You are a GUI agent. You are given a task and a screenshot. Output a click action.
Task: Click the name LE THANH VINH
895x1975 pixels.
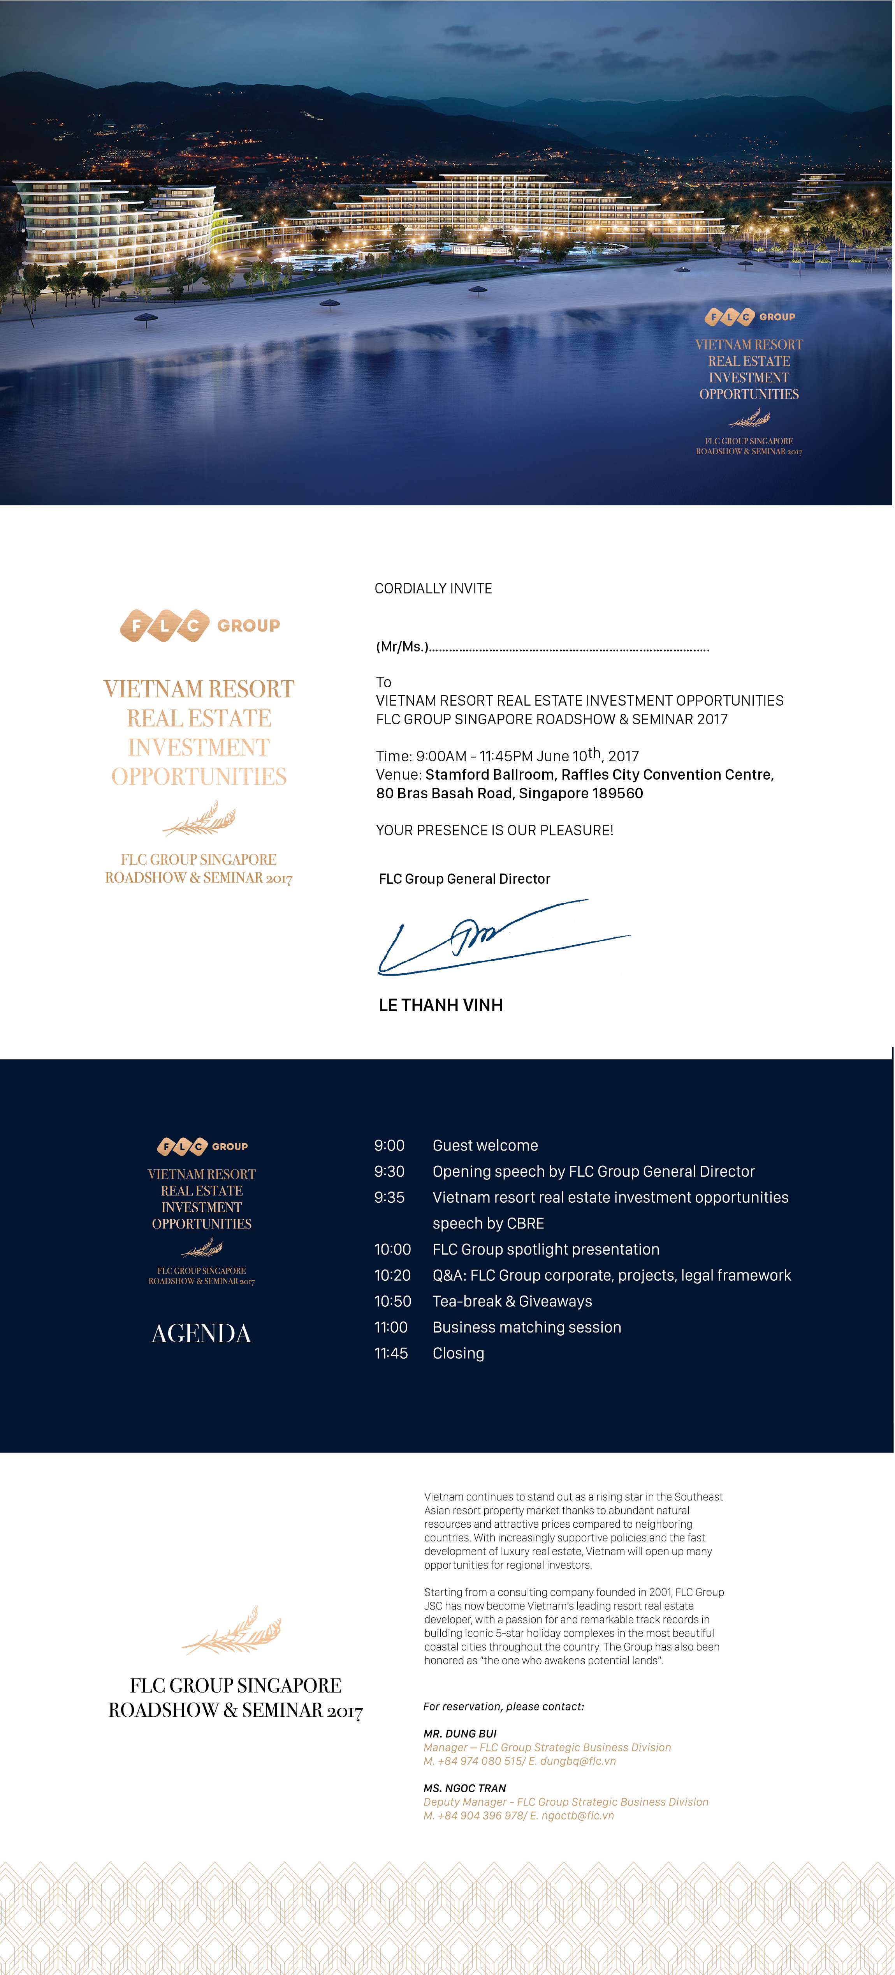point(441,1005)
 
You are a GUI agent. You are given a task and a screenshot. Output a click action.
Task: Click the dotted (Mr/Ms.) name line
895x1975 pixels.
point(543,647)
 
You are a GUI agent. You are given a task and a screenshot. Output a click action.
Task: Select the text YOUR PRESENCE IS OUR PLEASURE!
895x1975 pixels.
point(494,830)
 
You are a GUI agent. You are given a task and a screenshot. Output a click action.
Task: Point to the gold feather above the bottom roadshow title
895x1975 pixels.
point(232,1630)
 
